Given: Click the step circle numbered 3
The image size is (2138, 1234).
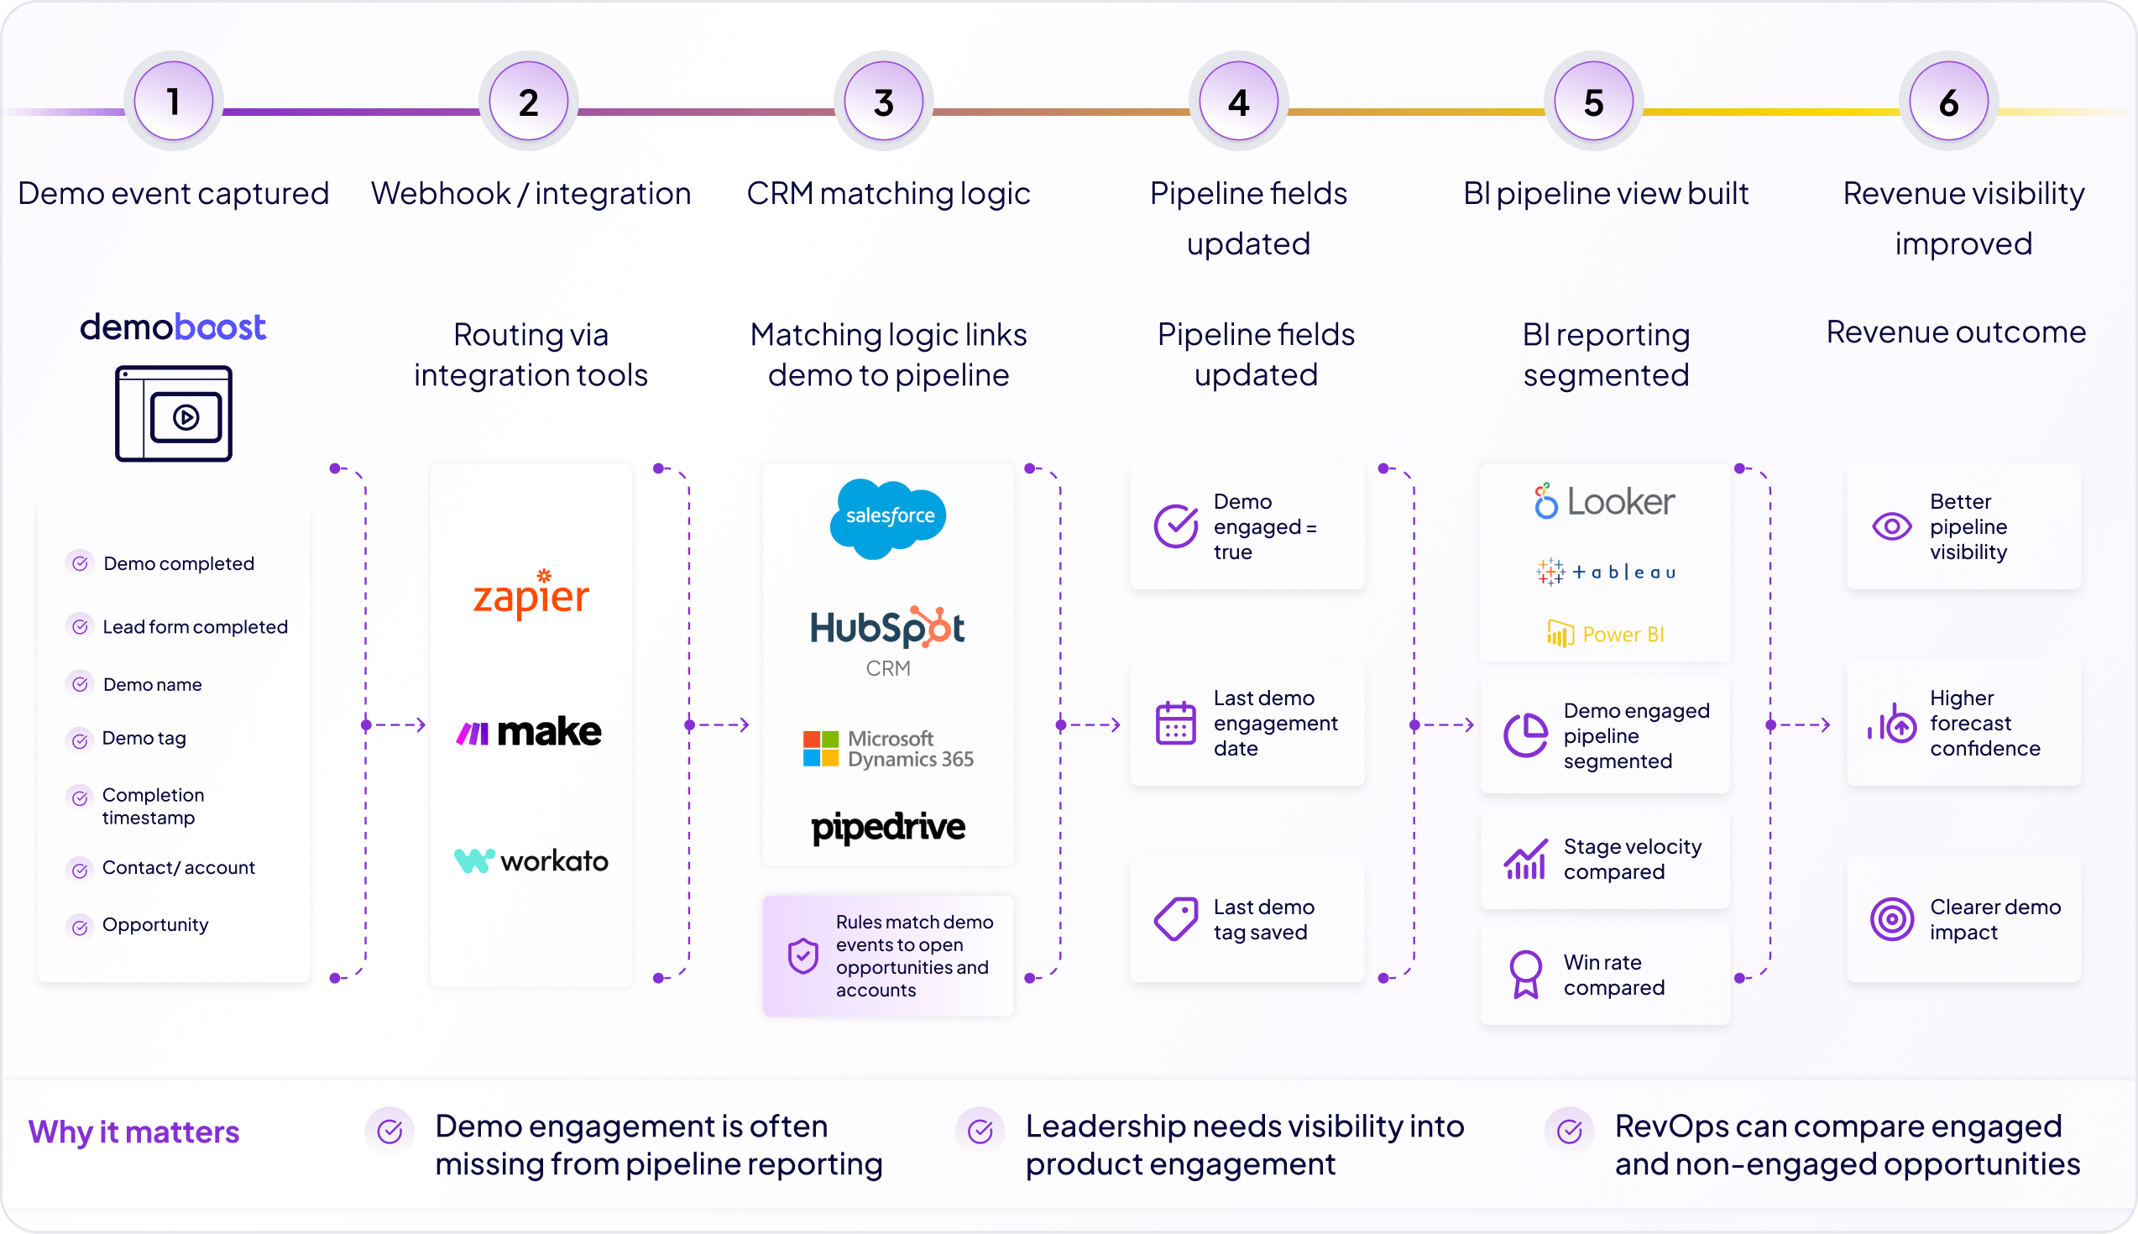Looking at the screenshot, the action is tap(883, 102).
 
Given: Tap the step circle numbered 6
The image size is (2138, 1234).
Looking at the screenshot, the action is tap(1948, 102).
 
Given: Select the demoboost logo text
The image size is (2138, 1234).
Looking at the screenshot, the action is tap(173, 327).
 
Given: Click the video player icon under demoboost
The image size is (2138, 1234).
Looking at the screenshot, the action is tap(174, 414).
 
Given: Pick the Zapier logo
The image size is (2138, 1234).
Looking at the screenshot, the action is tap(531, 594).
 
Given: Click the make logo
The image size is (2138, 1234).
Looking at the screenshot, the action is tap(529, 731).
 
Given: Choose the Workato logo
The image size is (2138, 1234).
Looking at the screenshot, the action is tap(531, 861).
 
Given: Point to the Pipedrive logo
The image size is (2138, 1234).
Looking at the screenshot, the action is tap(888, 827).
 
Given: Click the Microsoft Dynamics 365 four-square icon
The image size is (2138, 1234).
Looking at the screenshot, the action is tap(820, 749).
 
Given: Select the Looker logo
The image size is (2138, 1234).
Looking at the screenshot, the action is tap(1604, 502).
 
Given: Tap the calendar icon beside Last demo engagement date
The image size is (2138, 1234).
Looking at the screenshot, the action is tap(1175, 723).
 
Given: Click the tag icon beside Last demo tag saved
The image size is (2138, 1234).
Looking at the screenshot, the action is tap(1175, 918).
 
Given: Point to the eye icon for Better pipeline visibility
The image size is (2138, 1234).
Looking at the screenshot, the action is tap(1891, 526).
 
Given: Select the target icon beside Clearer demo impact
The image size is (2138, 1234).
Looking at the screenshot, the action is tap(1891, 918).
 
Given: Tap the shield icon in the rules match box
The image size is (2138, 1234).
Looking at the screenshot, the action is tap(802, 956).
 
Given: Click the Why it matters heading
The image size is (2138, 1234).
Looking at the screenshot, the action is tap(134, 1132).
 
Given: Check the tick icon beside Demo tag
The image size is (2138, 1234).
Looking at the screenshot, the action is tap(80, 740).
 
